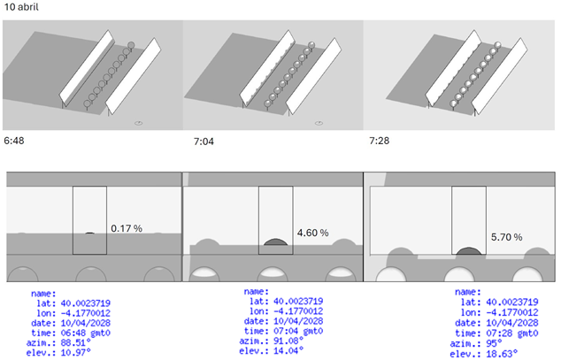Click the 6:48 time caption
[x=14, y=141]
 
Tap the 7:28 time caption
[x=380, y=141]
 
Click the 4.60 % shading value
[x=311, y=233]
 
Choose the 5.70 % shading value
[x=506, y=237]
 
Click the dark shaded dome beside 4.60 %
[x=275, y=240]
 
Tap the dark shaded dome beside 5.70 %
[x=469, y=250]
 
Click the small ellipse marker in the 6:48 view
[x=139, y=123]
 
